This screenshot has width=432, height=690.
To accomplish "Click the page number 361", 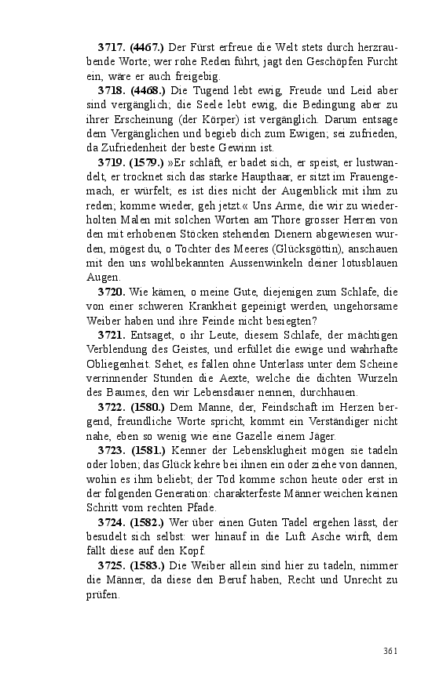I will (391, 651).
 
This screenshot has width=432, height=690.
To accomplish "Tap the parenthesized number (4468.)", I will (146, 91).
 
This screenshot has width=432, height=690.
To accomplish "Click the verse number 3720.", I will (112, 292).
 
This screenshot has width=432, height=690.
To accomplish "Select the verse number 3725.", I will (112, 565).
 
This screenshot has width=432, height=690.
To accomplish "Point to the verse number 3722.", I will (112, 407).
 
